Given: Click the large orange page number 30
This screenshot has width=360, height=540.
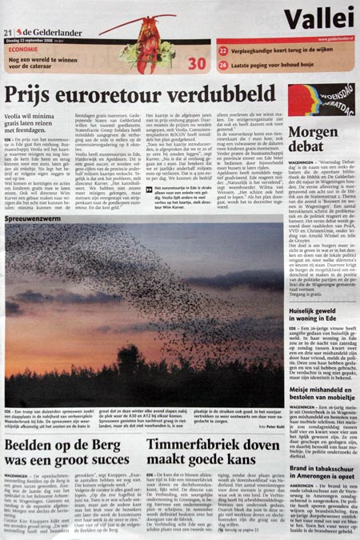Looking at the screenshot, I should click(x=196, y=63).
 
